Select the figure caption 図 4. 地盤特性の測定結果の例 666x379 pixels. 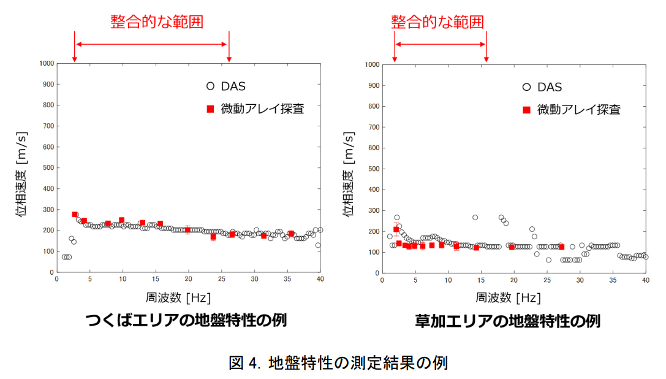tap(338, 362)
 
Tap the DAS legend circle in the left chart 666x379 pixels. tap(210, 86)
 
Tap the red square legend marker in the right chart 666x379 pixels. tap(526, 110)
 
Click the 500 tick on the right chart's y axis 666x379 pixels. tap(371, 168)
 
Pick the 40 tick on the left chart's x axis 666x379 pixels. tap(320, 279)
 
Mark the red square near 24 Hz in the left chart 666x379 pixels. tap(213, 236)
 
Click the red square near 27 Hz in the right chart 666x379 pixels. tap(561, 247)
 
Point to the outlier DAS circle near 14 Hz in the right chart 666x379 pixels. tap(475, 217)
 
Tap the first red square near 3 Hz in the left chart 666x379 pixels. tap(75, 215)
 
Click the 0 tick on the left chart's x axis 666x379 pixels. tap(56, 279)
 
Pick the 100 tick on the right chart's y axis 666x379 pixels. tap(371, 251)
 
